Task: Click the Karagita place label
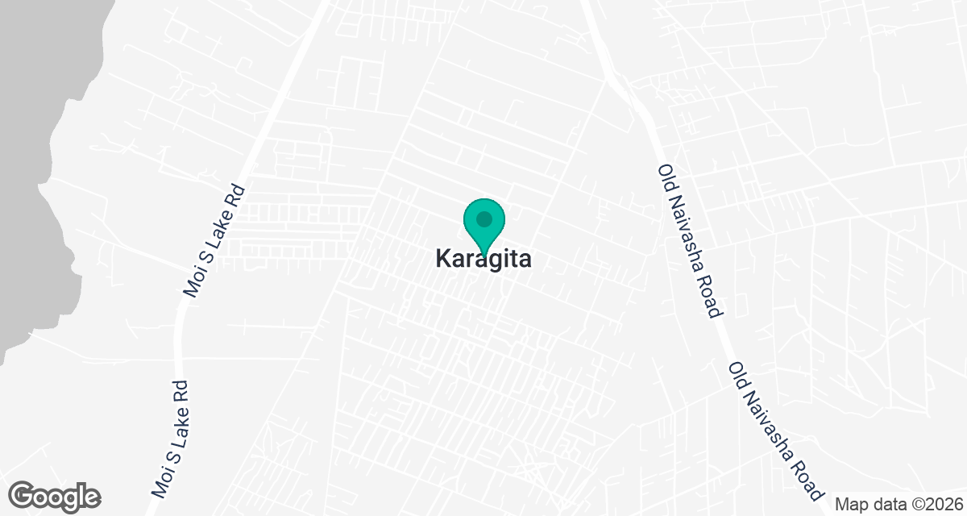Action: (x=483, y=259)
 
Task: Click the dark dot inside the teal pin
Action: (x=483, y=219)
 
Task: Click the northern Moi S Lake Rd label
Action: (x=215, y=239)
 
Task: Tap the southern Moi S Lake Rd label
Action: (x=169, y=438)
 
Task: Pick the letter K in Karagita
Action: (x=442, y=259)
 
